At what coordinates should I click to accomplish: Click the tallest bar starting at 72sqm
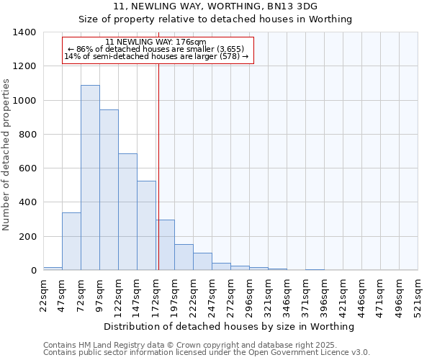pyautogui.click(x=90, y=178)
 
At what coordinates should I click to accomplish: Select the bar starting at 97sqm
pyautogui.click(x=109, y=190)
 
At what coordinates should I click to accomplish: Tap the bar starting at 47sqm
pyautogui.click(x=71, y=241)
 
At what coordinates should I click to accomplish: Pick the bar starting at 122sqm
pyautogui.click(x=127, y=212)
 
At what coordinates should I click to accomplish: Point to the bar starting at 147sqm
pyautogui.click(x=146, y=225)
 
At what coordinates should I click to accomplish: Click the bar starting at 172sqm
pyautogui.click(x=165, y=245)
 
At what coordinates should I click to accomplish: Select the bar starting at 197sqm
pyautogui.click(x=184, y=257)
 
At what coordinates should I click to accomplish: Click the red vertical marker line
pyautogui.click(x=158, y=166)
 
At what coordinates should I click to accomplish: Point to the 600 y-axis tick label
pyautogui.click(x=27, y=168)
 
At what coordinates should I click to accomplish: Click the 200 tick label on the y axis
pyautogui.click(x=27, y=237)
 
